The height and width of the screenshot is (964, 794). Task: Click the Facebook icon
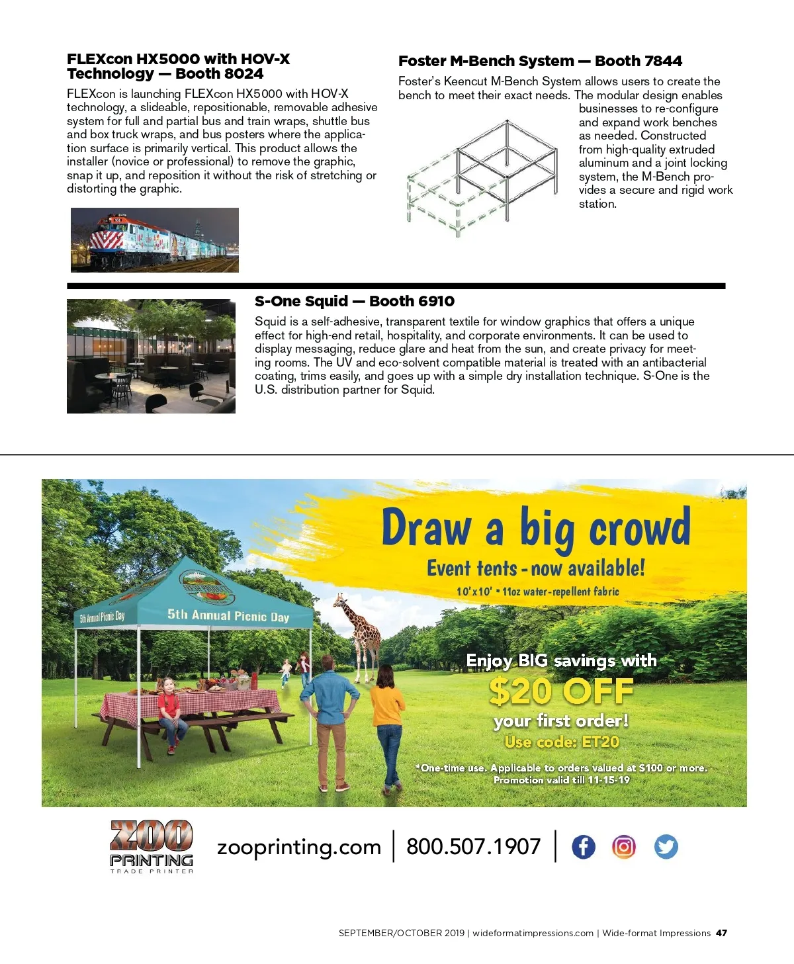coord(583,847)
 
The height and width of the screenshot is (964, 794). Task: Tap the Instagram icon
coord(624,847)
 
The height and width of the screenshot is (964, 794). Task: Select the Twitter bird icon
coord(666,847)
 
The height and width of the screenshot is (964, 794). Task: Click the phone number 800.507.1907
coord(473,847)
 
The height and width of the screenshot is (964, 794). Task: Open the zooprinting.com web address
coord(299,848)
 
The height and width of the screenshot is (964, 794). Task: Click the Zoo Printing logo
coord(152,846)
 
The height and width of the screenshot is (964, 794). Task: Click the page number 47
coord(721,933)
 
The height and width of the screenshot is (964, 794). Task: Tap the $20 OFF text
coord(561,692)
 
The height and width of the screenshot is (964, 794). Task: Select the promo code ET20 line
coord(562,742)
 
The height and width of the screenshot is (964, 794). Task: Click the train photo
coord(155,240)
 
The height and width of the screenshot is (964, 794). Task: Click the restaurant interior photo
coord(151,356)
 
